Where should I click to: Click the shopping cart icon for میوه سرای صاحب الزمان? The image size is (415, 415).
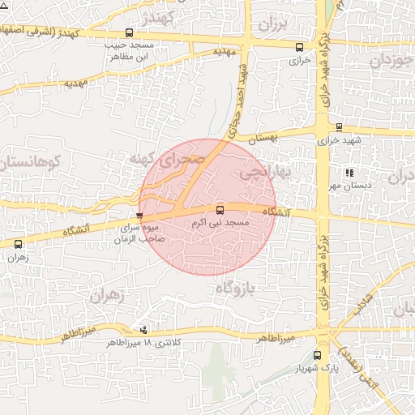(140, 216)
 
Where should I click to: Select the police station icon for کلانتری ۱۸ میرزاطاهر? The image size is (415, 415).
(144, 329)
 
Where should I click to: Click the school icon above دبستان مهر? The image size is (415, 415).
(349, 173)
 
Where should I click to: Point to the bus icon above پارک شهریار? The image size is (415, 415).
(317, 354)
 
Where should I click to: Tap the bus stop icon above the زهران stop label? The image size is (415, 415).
(18, 244)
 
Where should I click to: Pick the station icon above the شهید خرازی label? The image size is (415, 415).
(338, 126)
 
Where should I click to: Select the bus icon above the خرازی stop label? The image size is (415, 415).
(300, 47)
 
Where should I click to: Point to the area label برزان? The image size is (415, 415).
(273, 24)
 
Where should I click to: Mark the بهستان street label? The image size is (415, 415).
(263, 139)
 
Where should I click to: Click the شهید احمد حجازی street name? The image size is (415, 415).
(236, 109)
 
